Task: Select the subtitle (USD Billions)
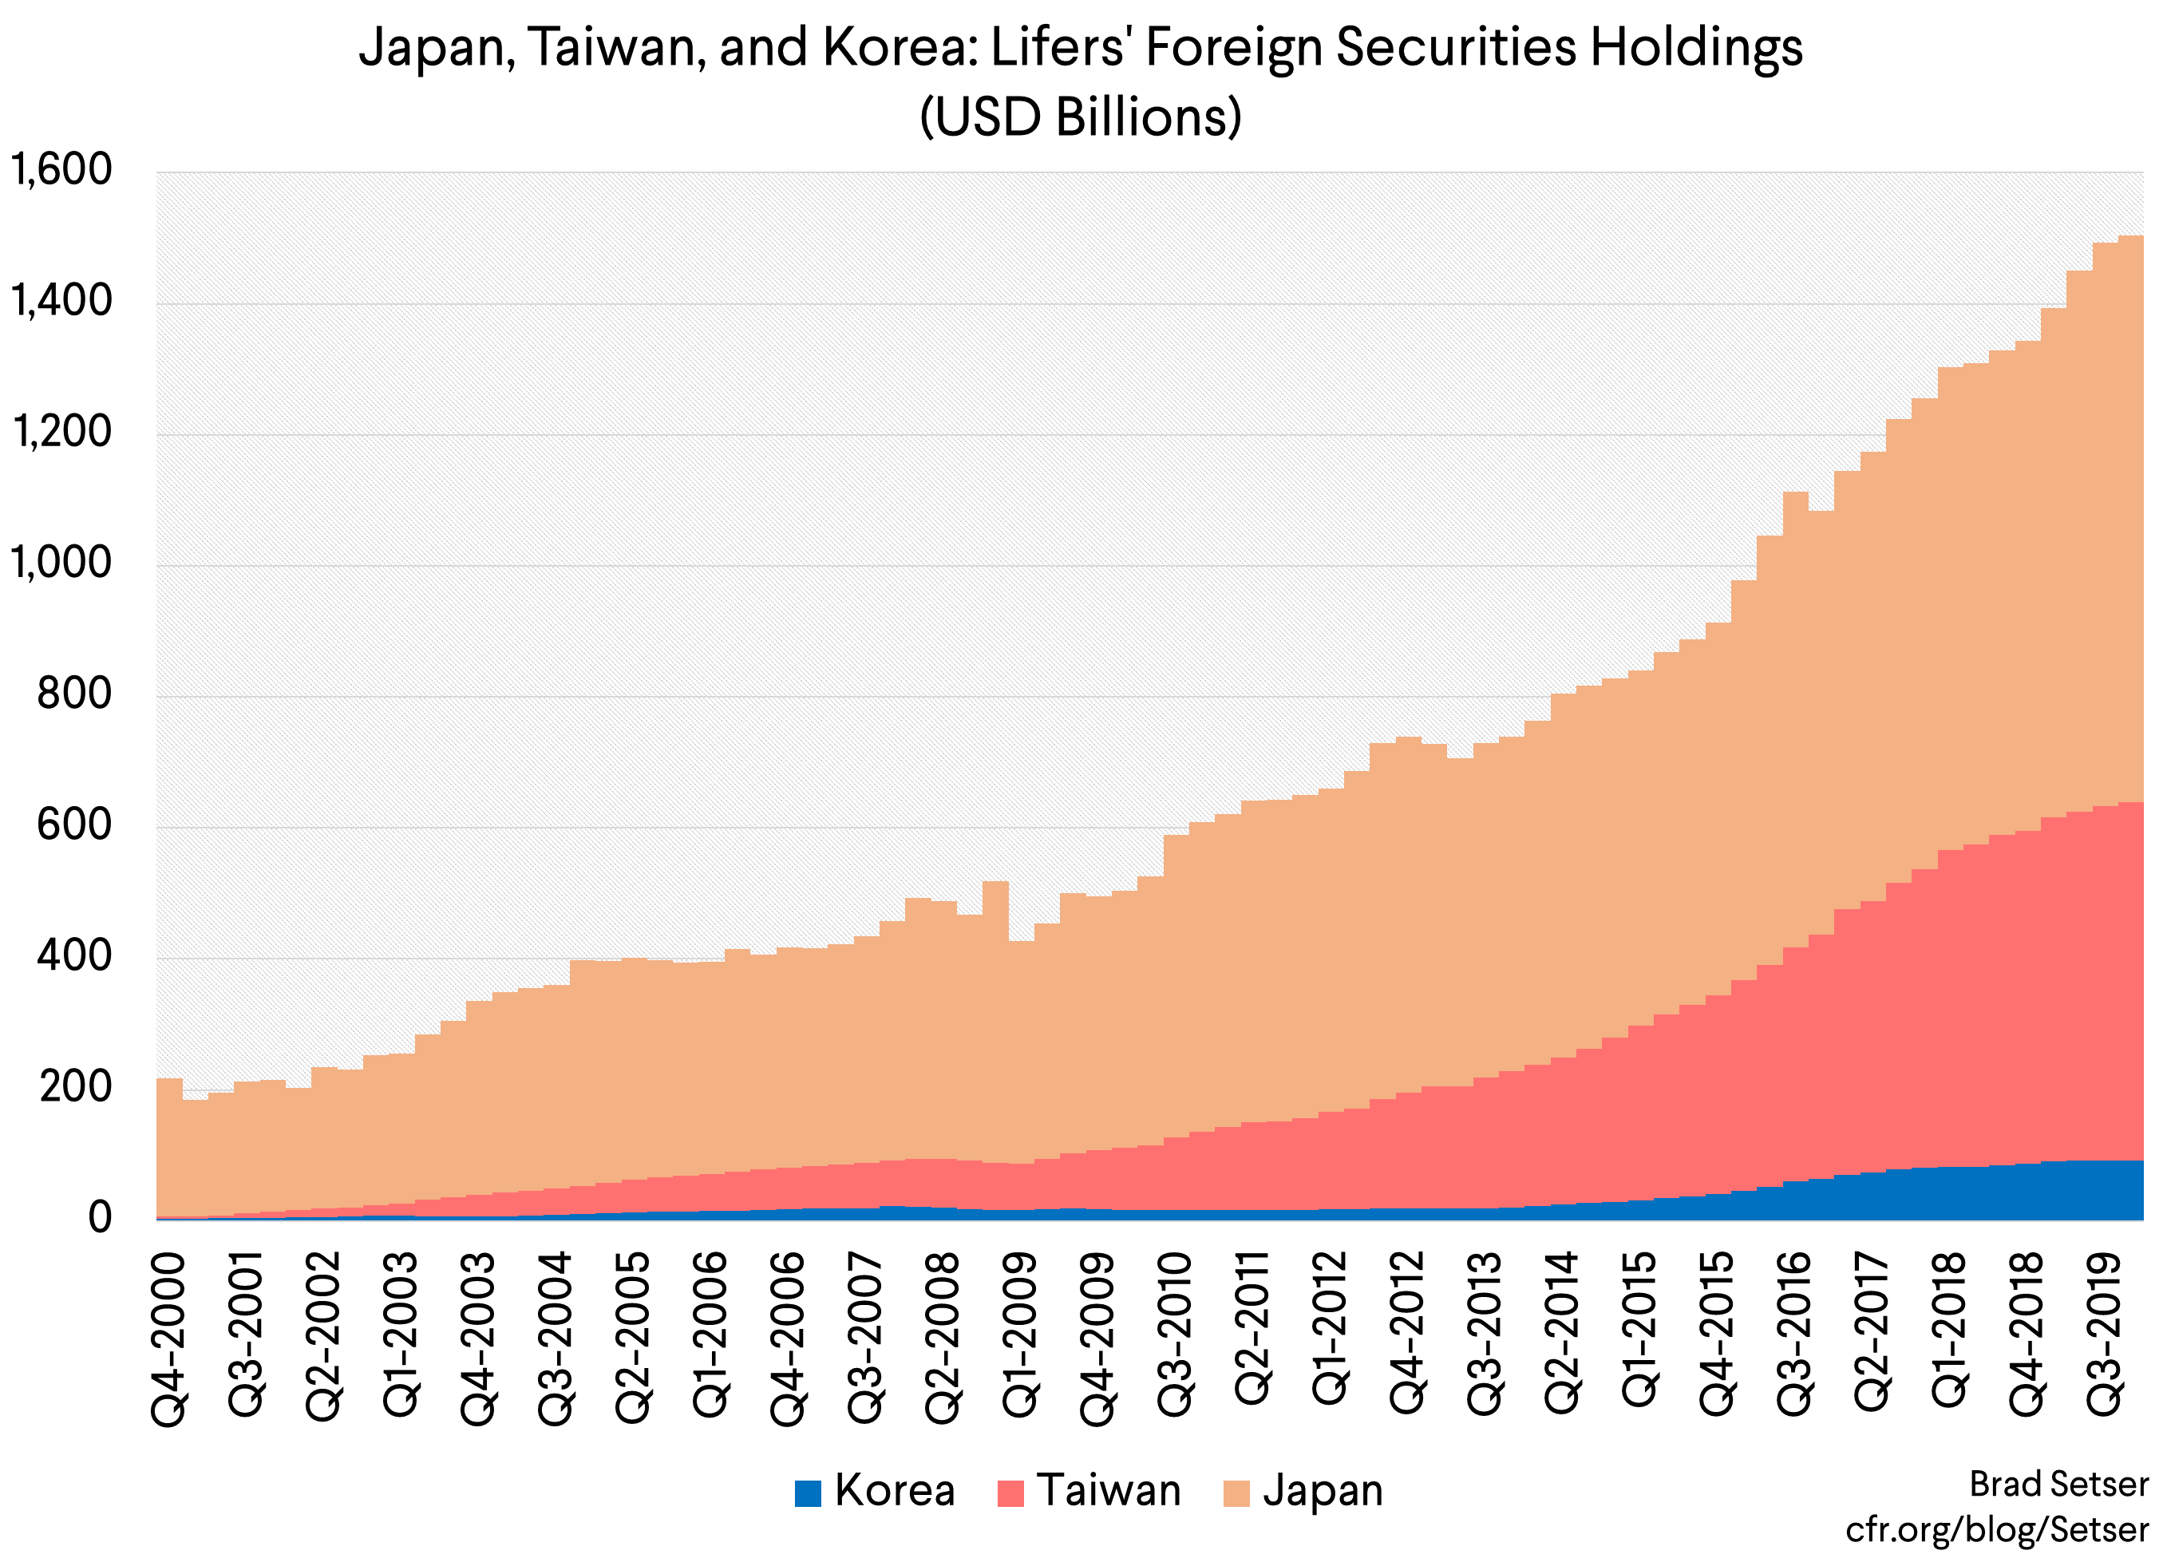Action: tap(1081, 117)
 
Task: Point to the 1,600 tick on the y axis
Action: tap(61, 171)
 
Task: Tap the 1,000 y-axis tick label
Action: tap(61, 563)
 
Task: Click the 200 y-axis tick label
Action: tap(74, 1087)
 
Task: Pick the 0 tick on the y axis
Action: tap(99, 1218)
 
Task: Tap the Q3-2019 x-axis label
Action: tap(2103, 1334)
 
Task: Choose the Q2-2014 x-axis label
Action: tap(1561, 1334)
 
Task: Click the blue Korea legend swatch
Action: tap(808, 1493)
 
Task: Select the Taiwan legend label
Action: tap(1108, 1490)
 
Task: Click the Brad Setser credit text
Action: tap(2058, 1485)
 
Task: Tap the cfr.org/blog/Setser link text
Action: tap(1997, 1529)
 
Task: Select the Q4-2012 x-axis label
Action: tap(1406, 1334)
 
